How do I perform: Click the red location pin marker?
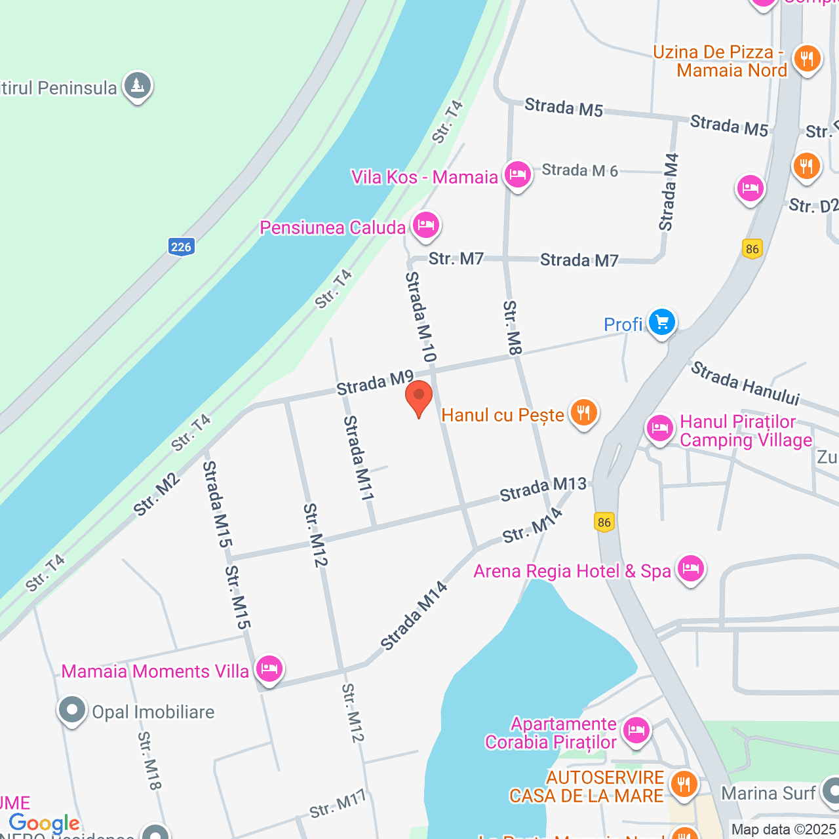click(x=419, y=397)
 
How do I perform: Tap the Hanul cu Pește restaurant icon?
click(x=583, y=413)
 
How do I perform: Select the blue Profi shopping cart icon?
click(x=662, y=322)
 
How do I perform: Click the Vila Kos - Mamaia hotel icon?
click(x=518, y=175)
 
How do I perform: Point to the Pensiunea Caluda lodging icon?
click(x=426, y=225)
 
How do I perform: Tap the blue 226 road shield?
click(x=181, y=247)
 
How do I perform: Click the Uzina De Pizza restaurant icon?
click(x=807, y=59)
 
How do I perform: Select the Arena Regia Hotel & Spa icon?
click(x=691, y=569)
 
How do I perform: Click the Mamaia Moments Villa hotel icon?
click(x=269, y=669)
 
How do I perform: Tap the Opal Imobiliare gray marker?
click(x=72, y=711)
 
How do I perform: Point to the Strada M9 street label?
click(x=375, y=383)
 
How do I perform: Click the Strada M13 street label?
click(x=543, y=488)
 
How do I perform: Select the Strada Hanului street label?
click(x=745, y=383)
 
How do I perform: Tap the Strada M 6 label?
click(x=580, y=170)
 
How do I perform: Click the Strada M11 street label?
click(x=359, y=458)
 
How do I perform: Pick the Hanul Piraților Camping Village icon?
click(x=660, y=429)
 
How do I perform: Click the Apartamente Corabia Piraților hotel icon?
click(x=636, y=730)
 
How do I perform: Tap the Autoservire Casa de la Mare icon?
click(x=684, y=784)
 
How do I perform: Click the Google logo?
click(x=45, y=823)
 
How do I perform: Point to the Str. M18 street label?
click(x=149, y=761)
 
